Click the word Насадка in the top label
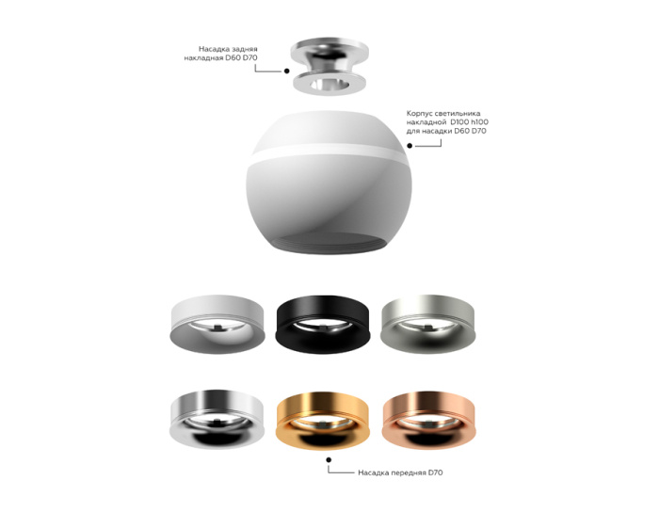point(214,47)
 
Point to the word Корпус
point(422,113)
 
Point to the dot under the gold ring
point(329,459)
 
